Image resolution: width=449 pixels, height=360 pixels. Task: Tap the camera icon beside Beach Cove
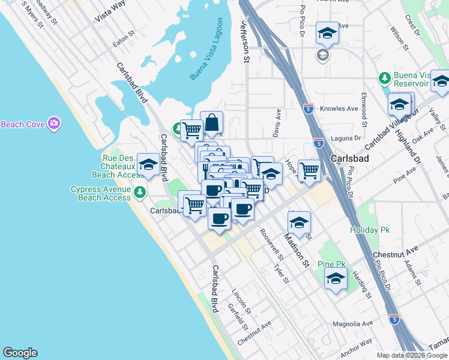pyautogui.click(x=54, y=124)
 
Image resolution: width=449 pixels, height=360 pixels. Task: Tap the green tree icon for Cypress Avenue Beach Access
pyautogui.click(x=139, y=192)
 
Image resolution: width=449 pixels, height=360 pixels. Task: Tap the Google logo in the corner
pyautogui.click(x=20, y=353)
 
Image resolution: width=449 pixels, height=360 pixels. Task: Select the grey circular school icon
pyautogui.click(x=322, y=55)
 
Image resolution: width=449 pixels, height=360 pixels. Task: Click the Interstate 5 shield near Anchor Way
pyautogui.click(x=394, y=320)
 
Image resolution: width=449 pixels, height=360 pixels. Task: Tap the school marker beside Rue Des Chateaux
pyautogui.click(x=148, y=166)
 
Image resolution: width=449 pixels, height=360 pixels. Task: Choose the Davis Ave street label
pyautogui.click(x=277, y=123)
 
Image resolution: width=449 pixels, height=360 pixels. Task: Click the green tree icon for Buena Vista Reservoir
pyautogui.click(x=384, y=78)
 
